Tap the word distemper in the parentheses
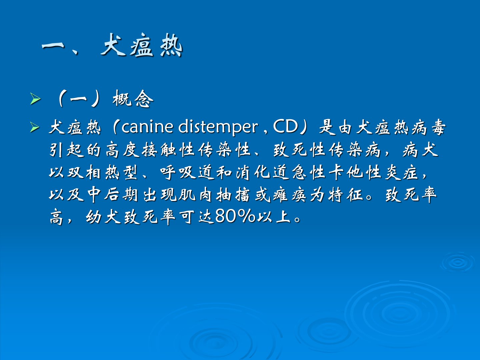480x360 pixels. pos(218,128)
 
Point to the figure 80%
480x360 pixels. pos(235,217)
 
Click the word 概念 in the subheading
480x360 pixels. pos(133,99)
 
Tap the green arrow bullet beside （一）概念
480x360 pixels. pos(35,99)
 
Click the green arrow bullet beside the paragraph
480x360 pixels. pos(35,127)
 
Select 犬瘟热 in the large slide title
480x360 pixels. pos(141,45)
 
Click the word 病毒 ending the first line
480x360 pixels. pos(428,128)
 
